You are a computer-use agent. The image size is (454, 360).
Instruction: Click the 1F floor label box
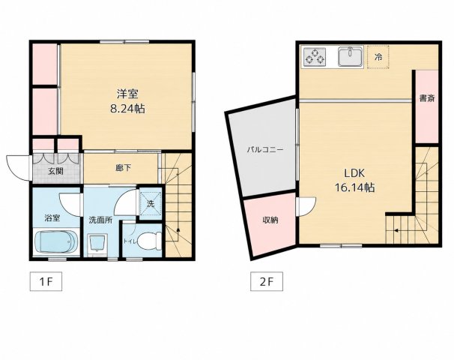point(46,281)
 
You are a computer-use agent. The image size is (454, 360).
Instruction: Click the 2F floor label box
point(267,281)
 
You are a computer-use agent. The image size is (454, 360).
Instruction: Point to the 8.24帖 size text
point(127,109)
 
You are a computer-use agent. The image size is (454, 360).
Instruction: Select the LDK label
point(354,173)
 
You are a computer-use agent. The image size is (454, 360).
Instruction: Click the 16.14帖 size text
point(354,187)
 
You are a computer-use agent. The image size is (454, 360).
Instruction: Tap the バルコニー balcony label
point(265,150)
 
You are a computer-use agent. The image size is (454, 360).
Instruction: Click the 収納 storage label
point(270,220)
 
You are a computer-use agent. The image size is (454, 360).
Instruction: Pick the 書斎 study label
point(427,98)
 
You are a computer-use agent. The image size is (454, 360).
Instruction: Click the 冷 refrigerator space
point(378,57)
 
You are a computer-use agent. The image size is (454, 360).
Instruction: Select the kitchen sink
point(351,57)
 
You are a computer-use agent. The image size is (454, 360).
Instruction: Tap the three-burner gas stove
point(315,56)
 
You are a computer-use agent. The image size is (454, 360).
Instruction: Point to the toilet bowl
point(149,241)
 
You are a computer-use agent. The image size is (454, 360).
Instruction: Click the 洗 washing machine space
point(151,203)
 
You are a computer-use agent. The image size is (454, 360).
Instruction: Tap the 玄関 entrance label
point(55,171)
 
